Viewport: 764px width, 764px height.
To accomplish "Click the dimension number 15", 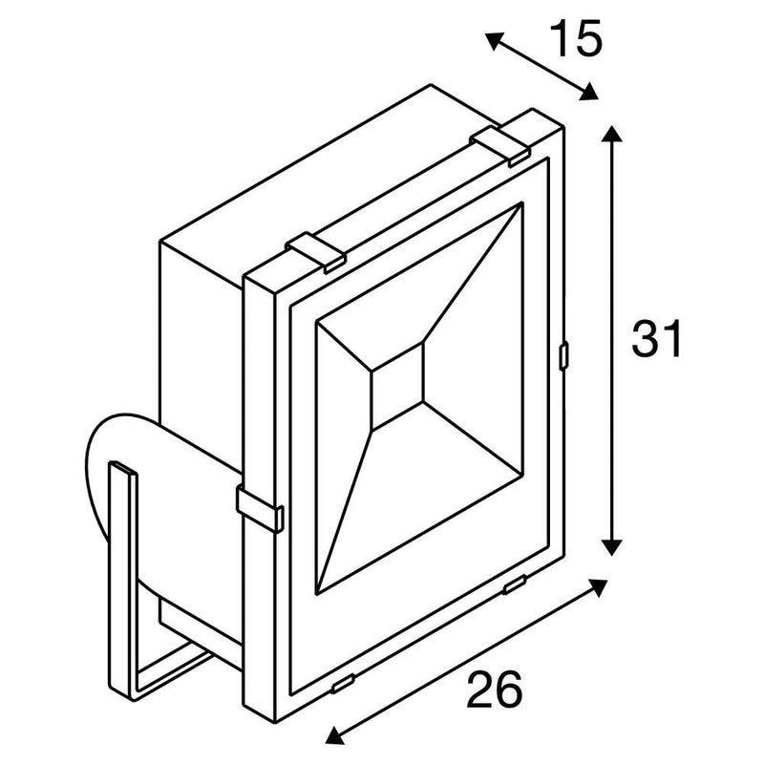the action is [x=576, y=39].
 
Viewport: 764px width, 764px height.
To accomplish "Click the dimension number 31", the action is [x=656, y=339].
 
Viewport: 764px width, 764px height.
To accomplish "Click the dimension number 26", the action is [x=494, y=689].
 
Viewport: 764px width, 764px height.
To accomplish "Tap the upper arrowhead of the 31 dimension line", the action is [x=611, y=133].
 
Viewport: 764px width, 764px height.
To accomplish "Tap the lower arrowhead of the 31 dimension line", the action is [x=611, y=546].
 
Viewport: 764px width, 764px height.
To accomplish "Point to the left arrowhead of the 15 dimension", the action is [x=494, y=40].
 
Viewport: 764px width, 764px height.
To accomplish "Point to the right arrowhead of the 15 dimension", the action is [x=588, y=92].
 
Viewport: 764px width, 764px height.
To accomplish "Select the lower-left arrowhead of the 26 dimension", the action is [x=335, y=734].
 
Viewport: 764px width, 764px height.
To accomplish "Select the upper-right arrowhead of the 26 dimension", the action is [x=598, y=587].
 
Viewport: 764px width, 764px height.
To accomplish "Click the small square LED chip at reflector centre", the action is [x=397, y=386].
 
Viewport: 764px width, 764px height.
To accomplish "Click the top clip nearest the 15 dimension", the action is [x=499, y=146].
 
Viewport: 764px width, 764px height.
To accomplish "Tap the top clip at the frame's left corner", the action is [x=316, y=252].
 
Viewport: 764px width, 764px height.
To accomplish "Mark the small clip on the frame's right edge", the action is [x=563, y=355].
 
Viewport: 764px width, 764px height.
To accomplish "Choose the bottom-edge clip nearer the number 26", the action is [x=343, y=684].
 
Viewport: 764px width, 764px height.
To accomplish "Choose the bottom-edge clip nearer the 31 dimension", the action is [x=515, y=584].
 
